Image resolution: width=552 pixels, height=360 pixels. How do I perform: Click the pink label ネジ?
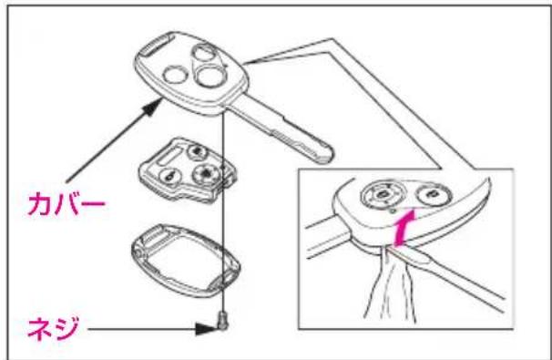[53, 328]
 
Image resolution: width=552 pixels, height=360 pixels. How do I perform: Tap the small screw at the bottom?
[223, 321]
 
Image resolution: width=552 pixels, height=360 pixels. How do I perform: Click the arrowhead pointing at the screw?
[207, 329]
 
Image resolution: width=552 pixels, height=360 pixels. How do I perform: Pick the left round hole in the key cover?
[176, 75]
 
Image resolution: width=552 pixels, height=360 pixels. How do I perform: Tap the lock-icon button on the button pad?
[170, 176]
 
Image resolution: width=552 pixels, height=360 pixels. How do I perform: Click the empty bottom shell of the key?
[186, 260]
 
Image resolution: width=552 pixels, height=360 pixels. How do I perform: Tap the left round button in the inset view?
[382, 194]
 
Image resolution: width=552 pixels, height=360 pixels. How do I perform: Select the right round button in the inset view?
[433, 195]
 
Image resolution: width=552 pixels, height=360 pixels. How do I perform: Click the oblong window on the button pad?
[169, 155]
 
